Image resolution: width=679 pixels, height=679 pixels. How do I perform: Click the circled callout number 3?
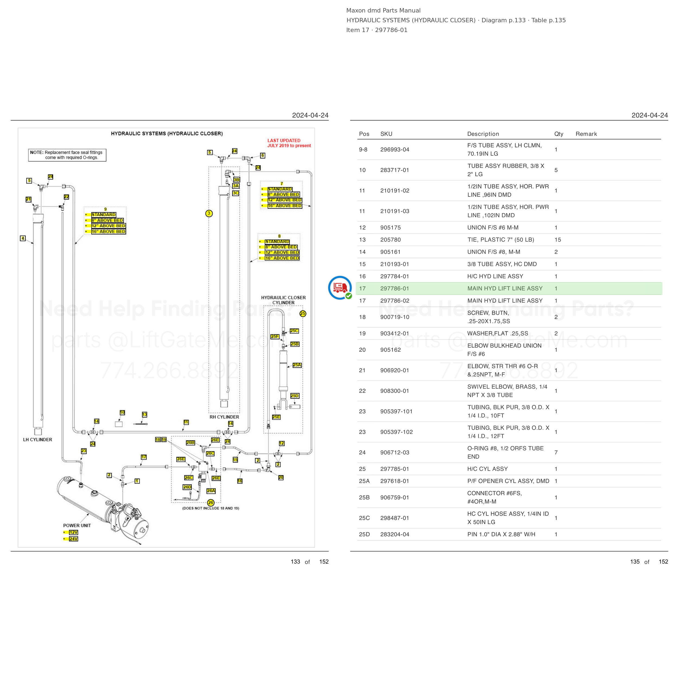(209, 213)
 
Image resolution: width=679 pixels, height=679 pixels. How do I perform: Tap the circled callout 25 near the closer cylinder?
(303, 313)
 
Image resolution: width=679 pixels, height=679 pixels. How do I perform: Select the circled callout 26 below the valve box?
(210, 502)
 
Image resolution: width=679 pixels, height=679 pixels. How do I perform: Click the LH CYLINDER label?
(37, 440)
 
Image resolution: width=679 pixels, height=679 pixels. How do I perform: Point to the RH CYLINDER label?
(224, 417)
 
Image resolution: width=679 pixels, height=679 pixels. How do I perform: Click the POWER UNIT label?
(77, 526)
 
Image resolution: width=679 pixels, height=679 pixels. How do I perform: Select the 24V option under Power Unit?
(73, 539)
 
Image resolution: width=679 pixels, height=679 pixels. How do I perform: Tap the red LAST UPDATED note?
(289, 143)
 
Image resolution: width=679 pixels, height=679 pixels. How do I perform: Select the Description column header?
(483, 134)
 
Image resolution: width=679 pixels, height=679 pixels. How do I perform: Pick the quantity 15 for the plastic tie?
(558, 240)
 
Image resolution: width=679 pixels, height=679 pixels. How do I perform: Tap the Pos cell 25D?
(364, 534)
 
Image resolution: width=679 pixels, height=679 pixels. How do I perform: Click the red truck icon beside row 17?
(340, 287)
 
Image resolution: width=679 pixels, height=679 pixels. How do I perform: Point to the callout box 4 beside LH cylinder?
(23, 238)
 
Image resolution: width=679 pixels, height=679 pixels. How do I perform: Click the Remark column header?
(586, 134)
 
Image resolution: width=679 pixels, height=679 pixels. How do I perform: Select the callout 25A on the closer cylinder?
(297, 365)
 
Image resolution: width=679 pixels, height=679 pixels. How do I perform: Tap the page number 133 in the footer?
(295, 562)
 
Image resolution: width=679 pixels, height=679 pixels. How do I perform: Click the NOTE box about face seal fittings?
(67, 155)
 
